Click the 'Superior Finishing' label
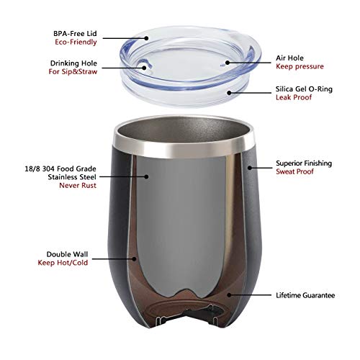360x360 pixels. [301, 163]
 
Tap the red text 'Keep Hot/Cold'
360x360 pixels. [85, 264]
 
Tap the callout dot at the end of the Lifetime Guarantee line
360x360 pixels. [229, 294]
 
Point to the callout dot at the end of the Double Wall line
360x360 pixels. [132, 258]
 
